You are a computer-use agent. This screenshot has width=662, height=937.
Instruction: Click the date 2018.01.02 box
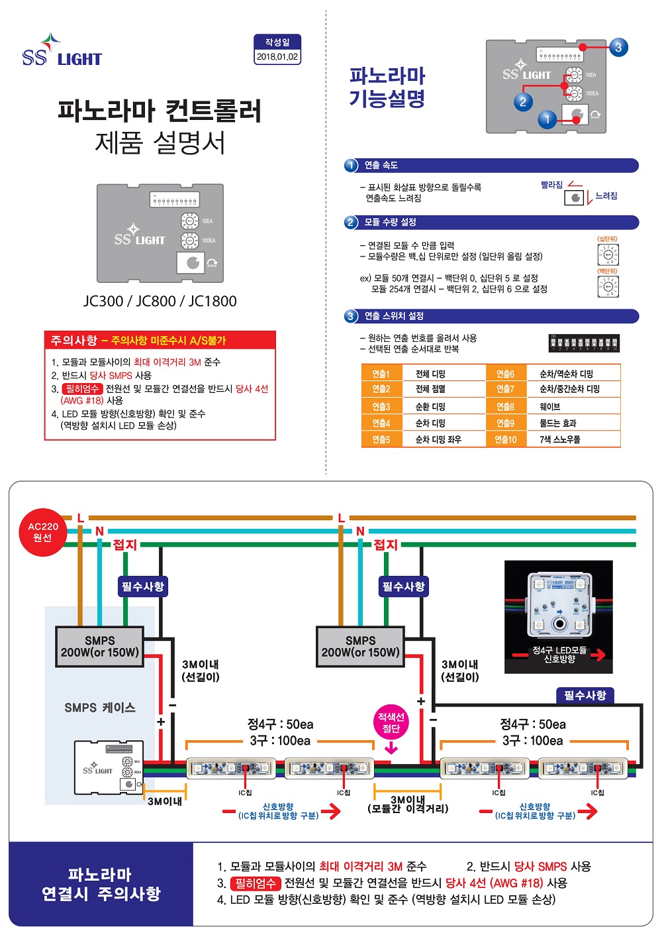[x=277, y=56]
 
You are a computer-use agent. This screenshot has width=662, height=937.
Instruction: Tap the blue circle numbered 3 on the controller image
[x=618, y=47]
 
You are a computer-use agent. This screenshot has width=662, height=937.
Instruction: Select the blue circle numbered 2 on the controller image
[x=523, y=101]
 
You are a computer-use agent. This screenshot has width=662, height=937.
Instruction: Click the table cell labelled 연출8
[x=506, y=406]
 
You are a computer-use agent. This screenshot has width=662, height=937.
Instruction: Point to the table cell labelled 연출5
[x=381, y=439]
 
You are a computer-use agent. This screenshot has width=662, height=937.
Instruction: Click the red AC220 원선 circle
[x=42, y=532]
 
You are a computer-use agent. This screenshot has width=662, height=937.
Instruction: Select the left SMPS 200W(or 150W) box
[x=100, y=646]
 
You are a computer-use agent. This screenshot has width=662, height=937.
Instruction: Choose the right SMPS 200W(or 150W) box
[x=361, y=646]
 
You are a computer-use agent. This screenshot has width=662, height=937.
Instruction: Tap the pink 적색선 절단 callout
[x=391, y=723]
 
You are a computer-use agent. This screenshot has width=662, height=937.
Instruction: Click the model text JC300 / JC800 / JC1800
[x=160, y=301]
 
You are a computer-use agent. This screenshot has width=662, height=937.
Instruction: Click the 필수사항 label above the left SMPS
[x=142, y=586]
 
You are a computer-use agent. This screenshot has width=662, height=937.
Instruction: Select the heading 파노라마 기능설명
[x=387, y=87]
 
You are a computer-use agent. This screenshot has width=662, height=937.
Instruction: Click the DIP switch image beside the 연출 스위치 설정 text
[x=585, y=343]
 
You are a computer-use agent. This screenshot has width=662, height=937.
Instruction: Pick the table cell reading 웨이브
[x=550, y=406]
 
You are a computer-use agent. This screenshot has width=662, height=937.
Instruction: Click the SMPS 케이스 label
[x=100, y=708]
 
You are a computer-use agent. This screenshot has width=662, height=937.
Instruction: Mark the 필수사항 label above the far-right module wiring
[x=585, y=695]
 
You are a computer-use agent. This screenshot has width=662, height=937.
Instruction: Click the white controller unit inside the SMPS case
[x=109, y=767]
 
